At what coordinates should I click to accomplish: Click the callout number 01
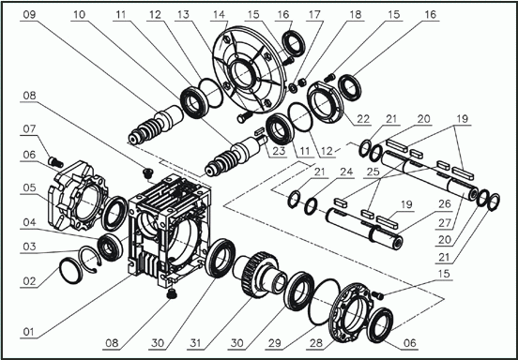coord(29,332)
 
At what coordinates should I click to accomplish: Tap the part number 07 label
coord(29,129)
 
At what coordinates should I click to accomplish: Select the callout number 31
coord(197,344)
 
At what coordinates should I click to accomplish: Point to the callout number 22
coord(363,119)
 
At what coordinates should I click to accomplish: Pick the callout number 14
coord(220,14)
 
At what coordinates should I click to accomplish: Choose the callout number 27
coord(445,223)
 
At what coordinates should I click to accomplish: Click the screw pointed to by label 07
coord(55,161)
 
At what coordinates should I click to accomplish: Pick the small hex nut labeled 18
coord(302,82)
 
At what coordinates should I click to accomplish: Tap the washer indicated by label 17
coord(292,87)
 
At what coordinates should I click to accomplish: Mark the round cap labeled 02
coord(70,271)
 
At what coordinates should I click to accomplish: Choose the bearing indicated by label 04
coord(111,247)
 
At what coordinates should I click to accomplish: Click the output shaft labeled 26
coord(363,227)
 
